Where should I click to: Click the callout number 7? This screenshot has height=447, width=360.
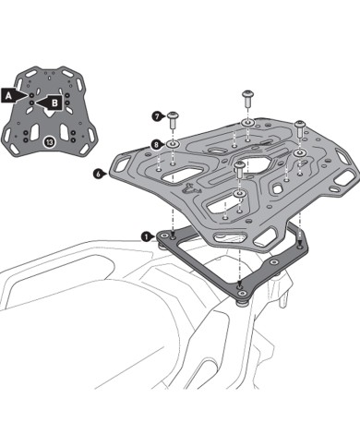(157, 116)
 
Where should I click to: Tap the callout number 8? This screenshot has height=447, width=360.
(157, 145)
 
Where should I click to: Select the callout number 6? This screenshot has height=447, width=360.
(97, 172)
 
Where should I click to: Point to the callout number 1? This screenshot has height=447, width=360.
(145, 236)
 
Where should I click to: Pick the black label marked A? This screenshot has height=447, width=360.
(8, 94)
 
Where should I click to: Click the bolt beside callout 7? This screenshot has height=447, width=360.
(174, 115)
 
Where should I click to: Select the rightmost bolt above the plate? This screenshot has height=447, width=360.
(299, 124)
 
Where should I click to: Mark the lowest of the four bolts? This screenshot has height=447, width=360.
(240, 167)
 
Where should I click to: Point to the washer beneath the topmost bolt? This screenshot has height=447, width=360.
(247, 121)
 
